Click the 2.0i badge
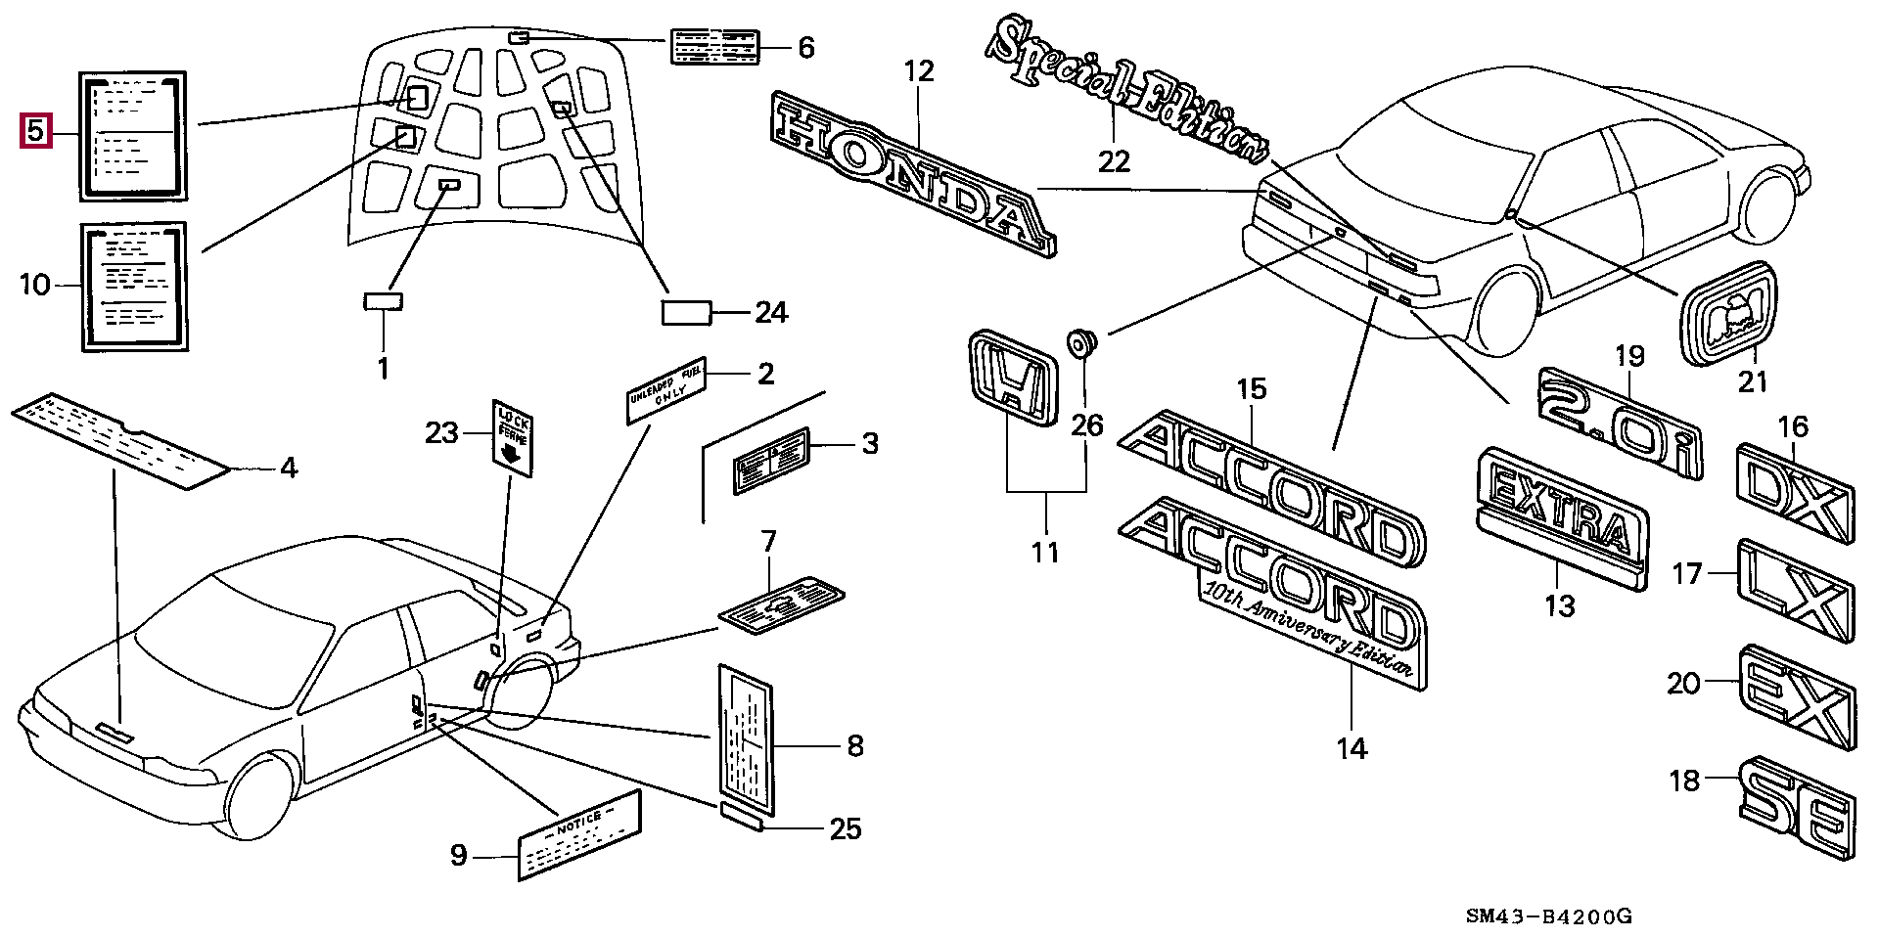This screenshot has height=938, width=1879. [1620, 422]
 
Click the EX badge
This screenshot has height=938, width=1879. [1796, 698]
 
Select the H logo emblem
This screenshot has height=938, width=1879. [1012, 378]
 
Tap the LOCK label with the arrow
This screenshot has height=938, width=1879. [512, 436]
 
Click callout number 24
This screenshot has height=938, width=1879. [771, 313]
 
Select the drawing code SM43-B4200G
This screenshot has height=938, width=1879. [1548, 916]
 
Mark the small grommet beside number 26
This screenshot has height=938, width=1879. [1082, 342]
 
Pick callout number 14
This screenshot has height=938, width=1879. [1352, 748]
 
